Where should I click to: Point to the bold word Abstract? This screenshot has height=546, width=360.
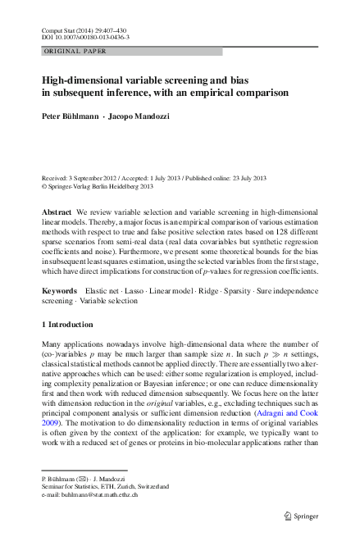57,212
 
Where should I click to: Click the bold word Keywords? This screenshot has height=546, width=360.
61,291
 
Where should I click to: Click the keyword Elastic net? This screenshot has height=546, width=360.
102,291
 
